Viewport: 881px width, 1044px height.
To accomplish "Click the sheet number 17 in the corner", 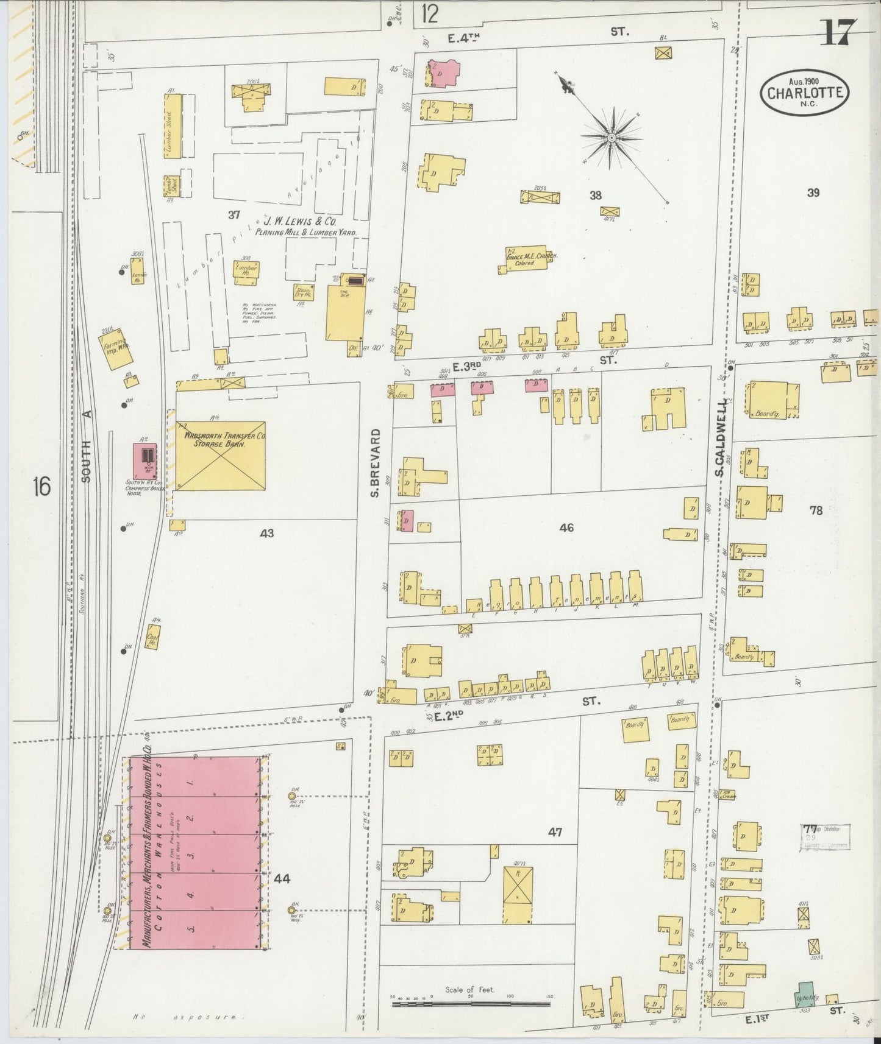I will (838, 32).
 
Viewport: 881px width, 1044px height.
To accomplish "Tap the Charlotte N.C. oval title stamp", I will (805, 93).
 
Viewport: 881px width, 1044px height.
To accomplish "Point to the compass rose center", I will (611, 139).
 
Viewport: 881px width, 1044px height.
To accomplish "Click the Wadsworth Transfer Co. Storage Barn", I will (221, 456).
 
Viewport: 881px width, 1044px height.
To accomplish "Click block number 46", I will (566, 527).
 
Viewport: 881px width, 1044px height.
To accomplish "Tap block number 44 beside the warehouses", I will (282, 878).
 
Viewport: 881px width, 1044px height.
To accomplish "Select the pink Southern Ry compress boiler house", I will (145, 461).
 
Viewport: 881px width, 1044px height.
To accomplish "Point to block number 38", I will (596, 195).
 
